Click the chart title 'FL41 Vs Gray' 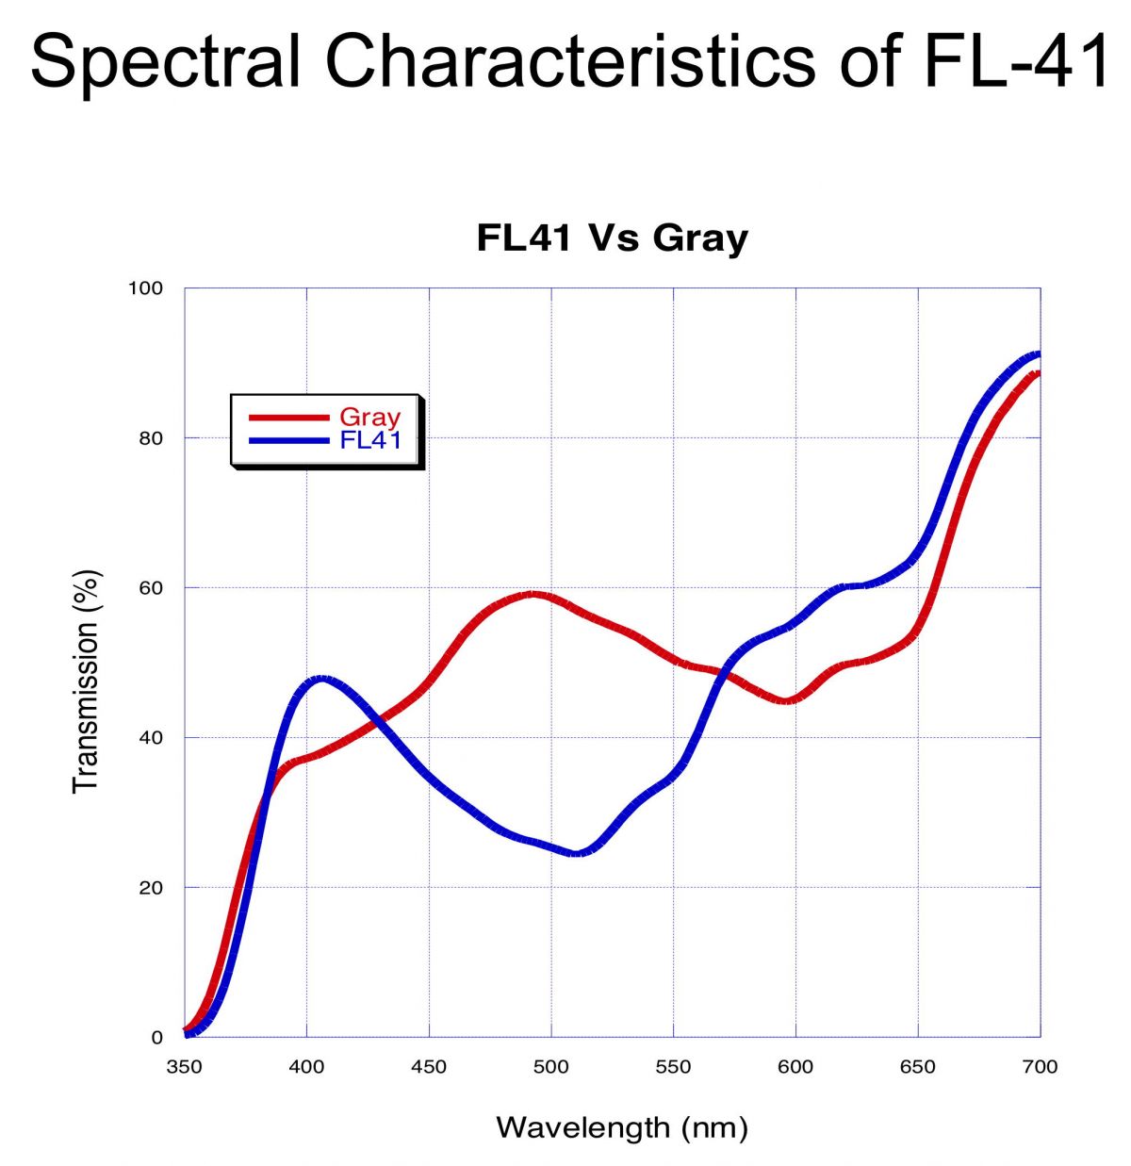pyautogui.click(x=612, y=238)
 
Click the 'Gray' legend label pyautogui.click(x=369, y=417)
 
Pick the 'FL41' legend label pyautogui.click(x=370, y=440)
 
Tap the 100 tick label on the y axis pyautogui.click(x=145, y=288)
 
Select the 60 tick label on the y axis pyautogui.click(x=150, y=588)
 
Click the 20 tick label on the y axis pyautogui.click(x=150, y=888)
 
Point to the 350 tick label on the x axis pyautogui.click(x=185, y=1067)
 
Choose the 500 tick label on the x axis pyautogui.click(x=551, y=1067)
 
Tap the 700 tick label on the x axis pyautogui.click(x=1040, y=1067)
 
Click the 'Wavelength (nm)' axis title pyautogui.click(x=621, y=1127)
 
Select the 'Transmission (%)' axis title pyautogui.click(x=86, y=681)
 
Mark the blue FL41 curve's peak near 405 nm pyautogui.click(x=321, y=679)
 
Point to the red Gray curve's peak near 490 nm pyautogui.click(x=533, y=594)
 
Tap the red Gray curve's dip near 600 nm pyautogui.click(x=789, y=700)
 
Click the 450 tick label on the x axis pyautogui.click(x=429, y=1067)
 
